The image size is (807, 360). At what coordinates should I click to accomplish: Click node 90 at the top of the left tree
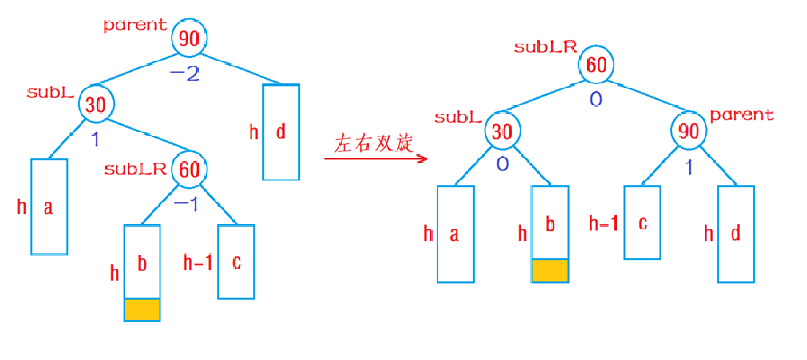[189, 38]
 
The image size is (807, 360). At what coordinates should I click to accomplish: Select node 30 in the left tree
[95, 104]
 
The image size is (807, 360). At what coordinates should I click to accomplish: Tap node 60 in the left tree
[189, 170]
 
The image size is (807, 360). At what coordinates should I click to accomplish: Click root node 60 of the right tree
[596, 66]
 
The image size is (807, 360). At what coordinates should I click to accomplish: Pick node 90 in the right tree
[689, 131]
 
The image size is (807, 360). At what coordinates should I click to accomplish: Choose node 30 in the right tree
[502, 131]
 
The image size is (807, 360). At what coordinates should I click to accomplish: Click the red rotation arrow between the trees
[377, 159]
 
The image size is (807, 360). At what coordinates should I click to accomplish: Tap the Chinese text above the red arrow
[374, 144]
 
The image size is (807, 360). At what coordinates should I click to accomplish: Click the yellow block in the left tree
[142, 310]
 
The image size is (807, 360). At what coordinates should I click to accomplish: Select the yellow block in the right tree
[550, 270]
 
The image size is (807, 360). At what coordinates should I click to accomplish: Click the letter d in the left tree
[280, 132]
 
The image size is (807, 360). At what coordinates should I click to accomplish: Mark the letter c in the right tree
[642, 222]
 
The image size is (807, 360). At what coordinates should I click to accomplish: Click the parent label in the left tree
[135, 25]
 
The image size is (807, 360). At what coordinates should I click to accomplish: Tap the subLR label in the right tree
[545, 47]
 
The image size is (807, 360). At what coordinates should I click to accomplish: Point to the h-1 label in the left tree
[197, 263]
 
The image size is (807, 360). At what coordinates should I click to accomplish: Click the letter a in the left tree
[48, 207]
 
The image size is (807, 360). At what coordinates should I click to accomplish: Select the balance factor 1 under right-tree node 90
[689, 167]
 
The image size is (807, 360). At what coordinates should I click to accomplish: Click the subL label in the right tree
[457, 117]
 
